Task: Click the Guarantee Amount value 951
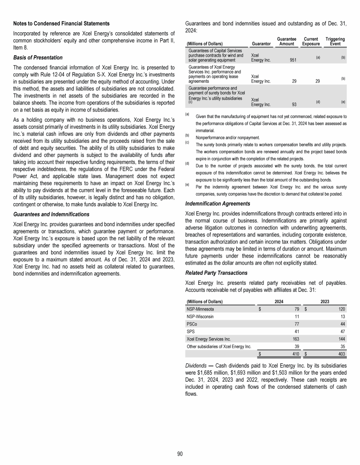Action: tap(293, 60)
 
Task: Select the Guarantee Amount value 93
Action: tap(294, 104)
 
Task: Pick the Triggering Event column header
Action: tap(335, 41)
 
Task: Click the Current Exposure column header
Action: tap(311, 41)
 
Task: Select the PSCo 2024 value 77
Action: tap(296, 323)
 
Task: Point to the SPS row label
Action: tap(190, 330)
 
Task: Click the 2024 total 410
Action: tap(295, 354)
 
